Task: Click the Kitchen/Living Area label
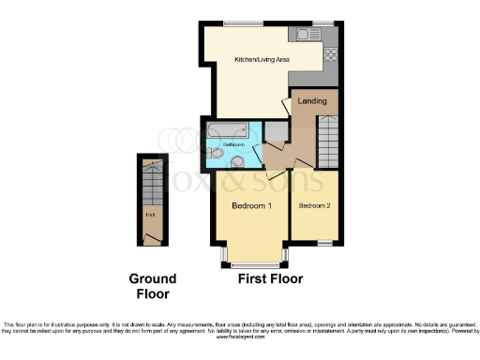pyautogui.click(x=262, y=60)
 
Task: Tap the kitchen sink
pyautogui.click(x=306, y=35)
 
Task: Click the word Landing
pyautogui.click(x=312, y=100)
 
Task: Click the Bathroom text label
pyautogui.click(x=234, y=145)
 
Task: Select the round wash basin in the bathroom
pyautogui.click(x=236, y=160)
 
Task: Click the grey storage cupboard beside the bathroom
pyautogui.click(x=275, y=131)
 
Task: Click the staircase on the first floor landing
pyautogui.click(x=328, y=141)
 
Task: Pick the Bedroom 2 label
pyautogui.click(x=314, y=204)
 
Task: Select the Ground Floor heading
pyautogui.click(x=152, y=286)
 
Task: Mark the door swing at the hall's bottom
pyautogui.click(x=149, y=236)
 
